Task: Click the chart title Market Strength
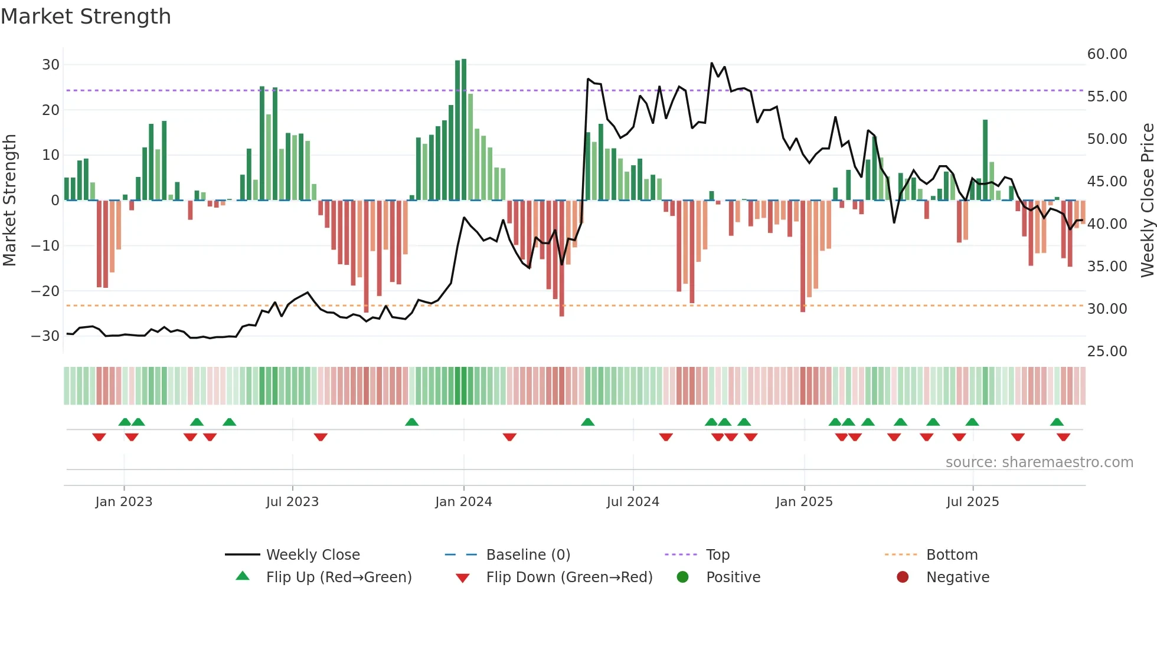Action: tap(86, 17)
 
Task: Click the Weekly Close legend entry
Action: tap(312, 555)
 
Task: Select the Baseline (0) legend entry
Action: tap(528, 555)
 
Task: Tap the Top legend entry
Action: tap(717, 555)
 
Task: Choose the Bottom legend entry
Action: tap(952, 555)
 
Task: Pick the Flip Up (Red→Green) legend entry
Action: tap(338, 577)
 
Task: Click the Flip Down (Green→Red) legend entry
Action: tap(569, 577)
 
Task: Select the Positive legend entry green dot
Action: tap(683, 577)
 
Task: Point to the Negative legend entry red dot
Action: tap(903, 577)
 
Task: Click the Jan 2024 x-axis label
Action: tap(463, 502)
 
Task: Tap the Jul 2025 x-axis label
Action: tap(972, 502)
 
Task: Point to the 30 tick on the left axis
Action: tap(51, 65)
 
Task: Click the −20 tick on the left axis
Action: tap(45, 291)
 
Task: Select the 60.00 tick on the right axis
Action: tap(1107, 54)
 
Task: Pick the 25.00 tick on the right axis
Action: tap(1107, 352)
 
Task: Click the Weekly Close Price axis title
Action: tap(1147, 201)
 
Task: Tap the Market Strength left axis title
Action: tap(10, 201)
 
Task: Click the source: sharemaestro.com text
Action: tap(1039, 462)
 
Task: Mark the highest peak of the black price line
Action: tap(712, 63)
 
